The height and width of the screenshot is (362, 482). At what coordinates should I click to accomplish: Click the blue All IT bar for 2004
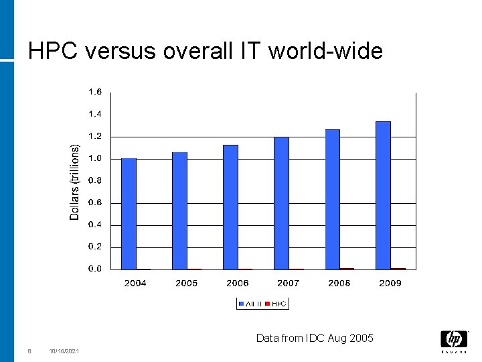coord(129,213)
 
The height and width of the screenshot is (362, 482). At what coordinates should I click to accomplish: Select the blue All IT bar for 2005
coord(179,210)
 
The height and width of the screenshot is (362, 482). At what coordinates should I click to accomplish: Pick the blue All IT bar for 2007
coord(281,203)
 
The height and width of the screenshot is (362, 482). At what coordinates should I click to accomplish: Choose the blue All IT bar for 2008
coord(332,199)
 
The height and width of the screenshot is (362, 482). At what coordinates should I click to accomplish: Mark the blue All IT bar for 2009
coord(383,195)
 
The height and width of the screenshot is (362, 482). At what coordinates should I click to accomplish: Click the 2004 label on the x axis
coord(135,283)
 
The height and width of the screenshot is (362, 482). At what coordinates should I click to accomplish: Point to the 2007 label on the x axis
coord(289,283)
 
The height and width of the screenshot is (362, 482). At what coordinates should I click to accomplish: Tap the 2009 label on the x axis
coord(390,283)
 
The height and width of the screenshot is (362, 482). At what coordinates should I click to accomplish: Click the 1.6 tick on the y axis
coord(95,92)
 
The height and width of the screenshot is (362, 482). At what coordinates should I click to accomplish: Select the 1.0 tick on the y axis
coord(95,158)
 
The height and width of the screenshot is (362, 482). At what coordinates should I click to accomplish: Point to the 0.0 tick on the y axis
coord(95,269)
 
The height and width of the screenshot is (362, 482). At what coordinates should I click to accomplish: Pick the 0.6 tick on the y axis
coord(95,202)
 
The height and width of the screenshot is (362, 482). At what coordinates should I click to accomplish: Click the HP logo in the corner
coord(454,340)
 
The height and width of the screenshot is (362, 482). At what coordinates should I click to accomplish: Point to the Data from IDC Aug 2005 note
coord(315,338)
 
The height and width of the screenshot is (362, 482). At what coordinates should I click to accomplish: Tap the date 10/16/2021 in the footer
coord(64,351)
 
